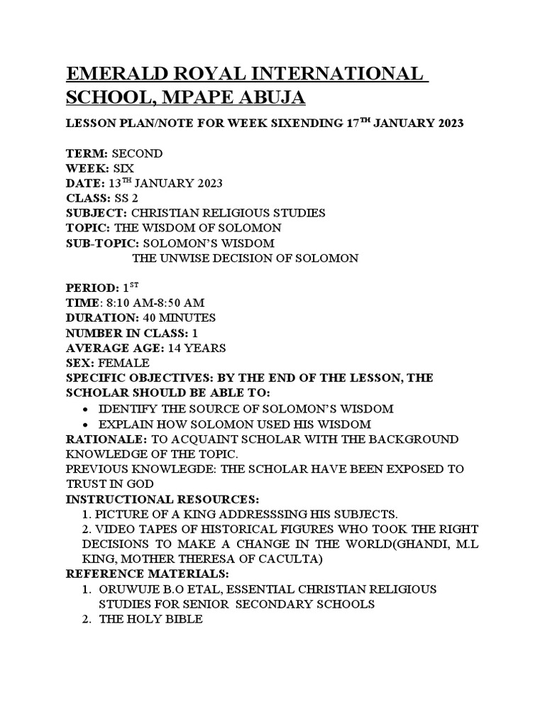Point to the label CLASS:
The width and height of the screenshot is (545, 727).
(88, 198)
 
